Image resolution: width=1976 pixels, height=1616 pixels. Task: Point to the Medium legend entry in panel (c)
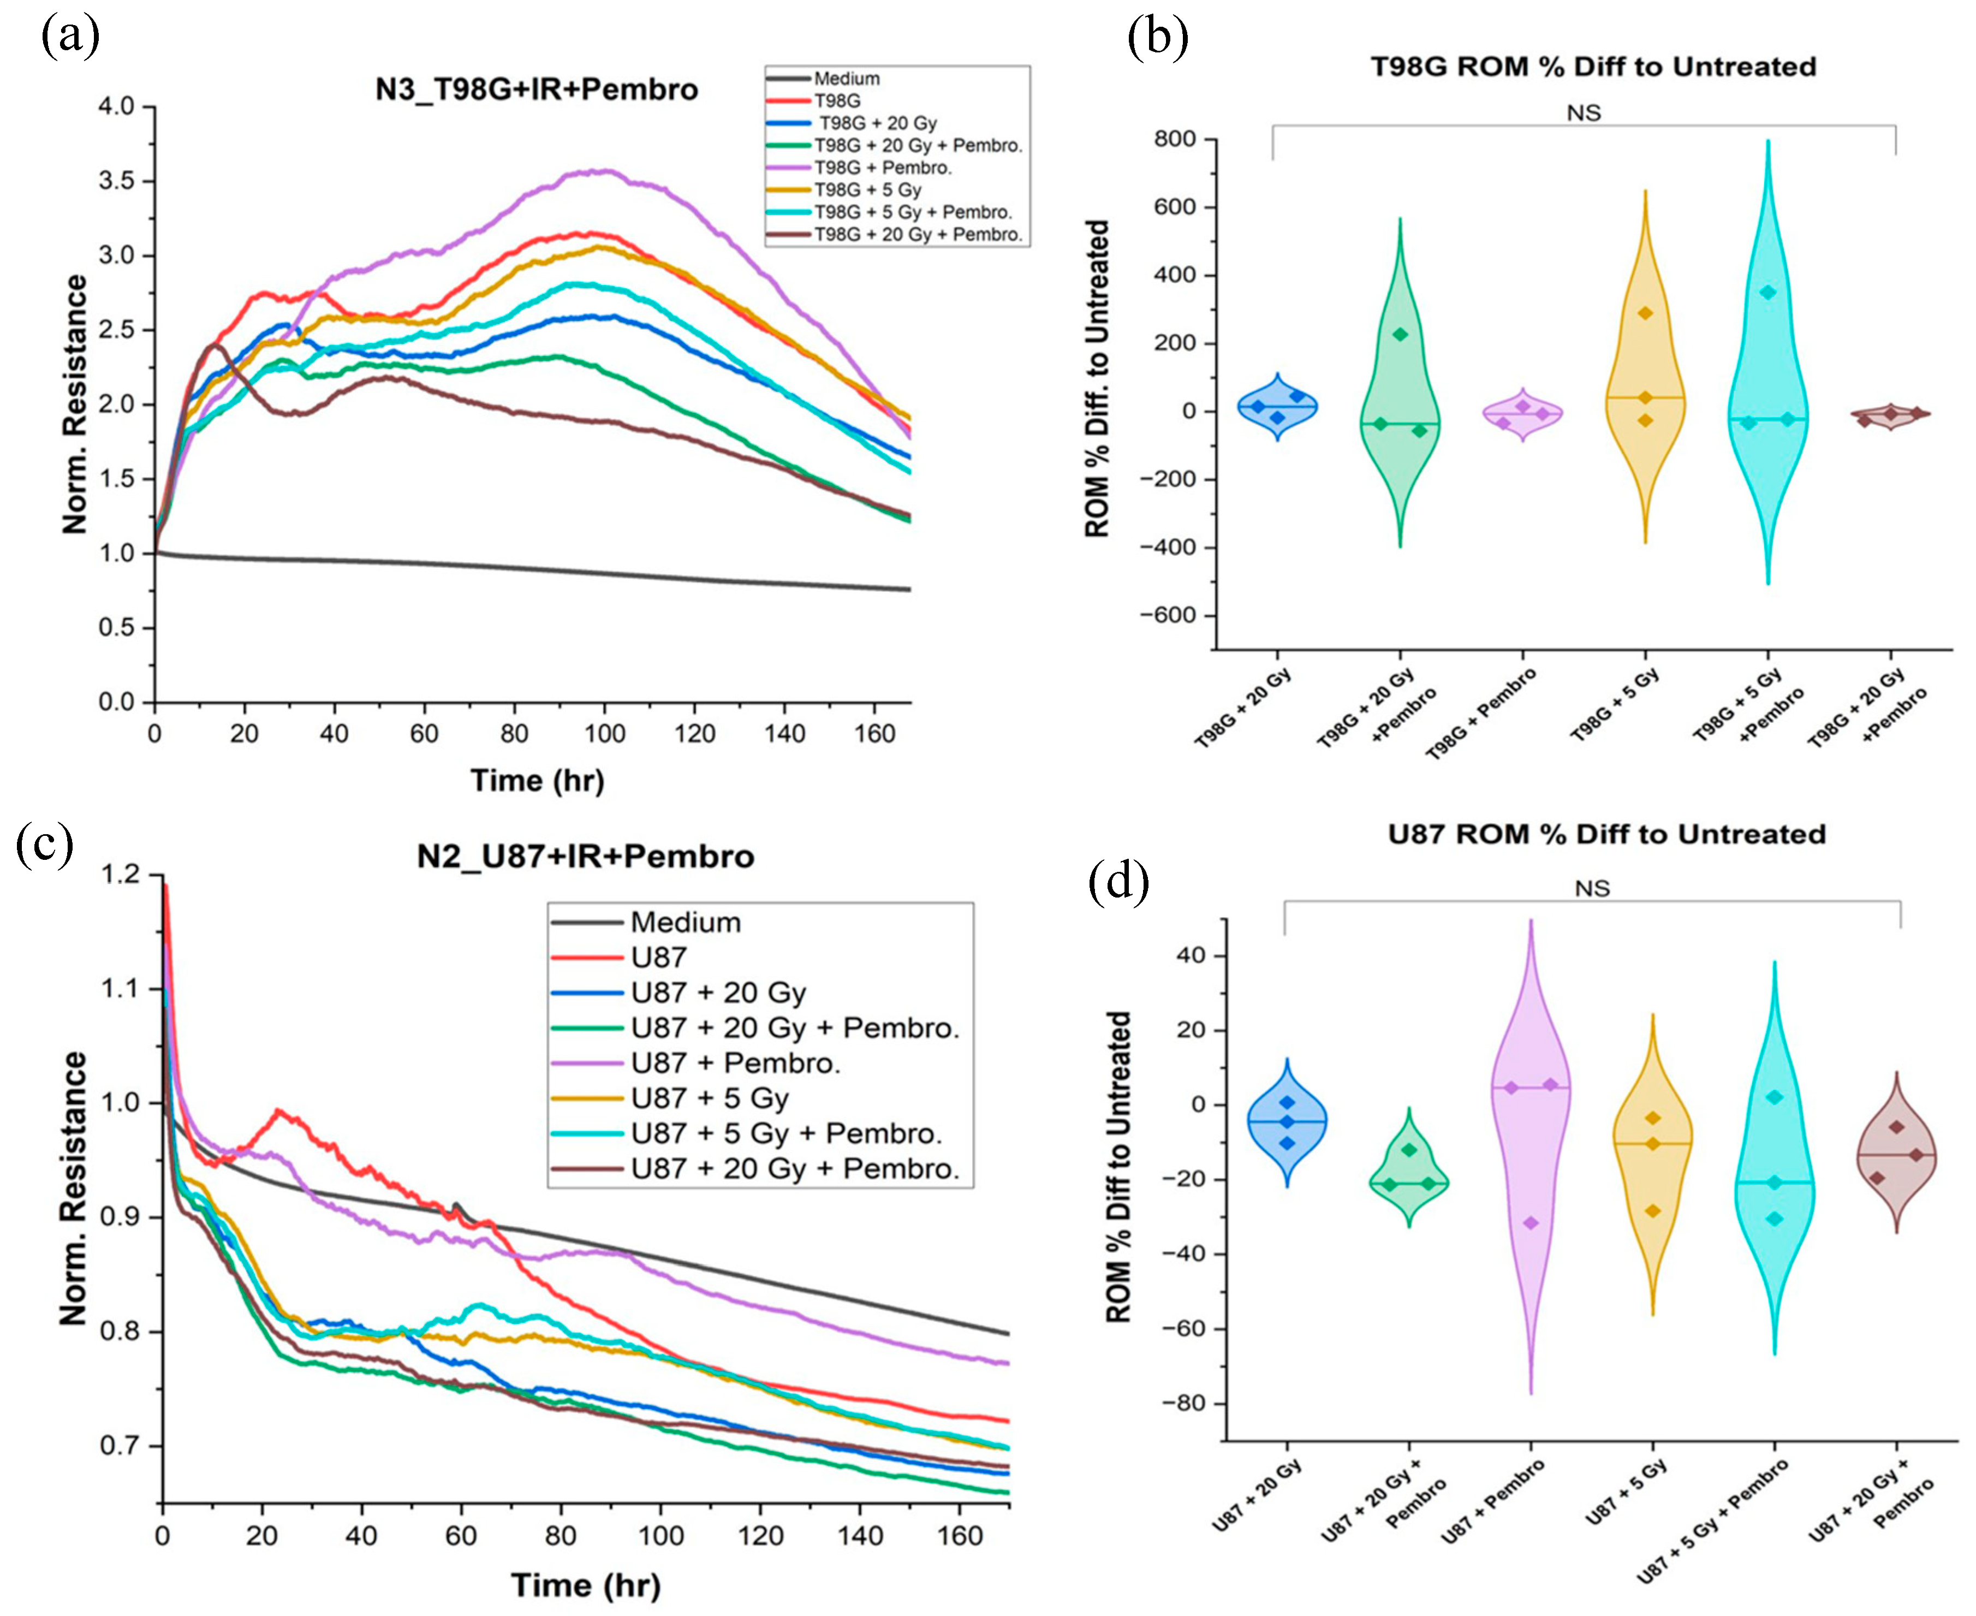click(x=685, y=923)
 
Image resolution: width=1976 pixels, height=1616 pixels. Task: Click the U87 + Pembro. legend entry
click(x=735, y=1063)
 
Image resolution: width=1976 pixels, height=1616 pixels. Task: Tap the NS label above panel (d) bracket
click(x=1592, y=889)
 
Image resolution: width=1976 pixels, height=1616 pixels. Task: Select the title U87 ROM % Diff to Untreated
click(x=1606, y=834)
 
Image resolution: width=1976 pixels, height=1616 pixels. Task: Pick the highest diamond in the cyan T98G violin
click(x=1767, y=292)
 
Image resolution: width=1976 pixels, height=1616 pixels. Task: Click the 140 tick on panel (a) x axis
click(x=784, y=734)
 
